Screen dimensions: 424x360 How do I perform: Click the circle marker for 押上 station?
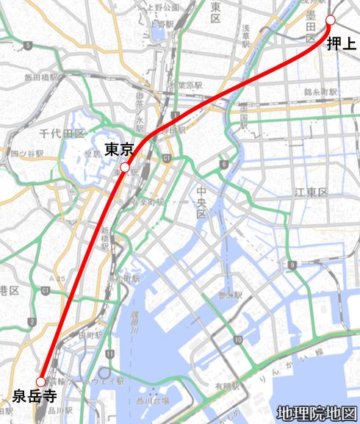330,19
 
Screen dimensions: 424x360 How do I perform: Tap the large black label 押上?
341,44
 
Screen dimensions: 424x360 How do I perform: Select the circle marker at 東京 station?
125,168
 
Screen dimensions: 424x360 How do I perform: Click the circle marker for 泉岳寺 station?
41,381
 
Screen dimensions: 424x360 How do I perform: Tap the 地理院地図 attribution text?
317,413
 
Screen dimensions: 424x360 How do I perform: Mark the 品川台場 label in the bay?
150,400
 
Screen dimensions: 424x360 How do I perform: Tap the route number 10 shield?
238,340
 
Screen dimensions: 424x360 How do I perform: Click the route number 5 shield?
28,46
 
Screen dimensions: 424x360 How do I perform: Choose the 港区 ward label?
9,291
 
